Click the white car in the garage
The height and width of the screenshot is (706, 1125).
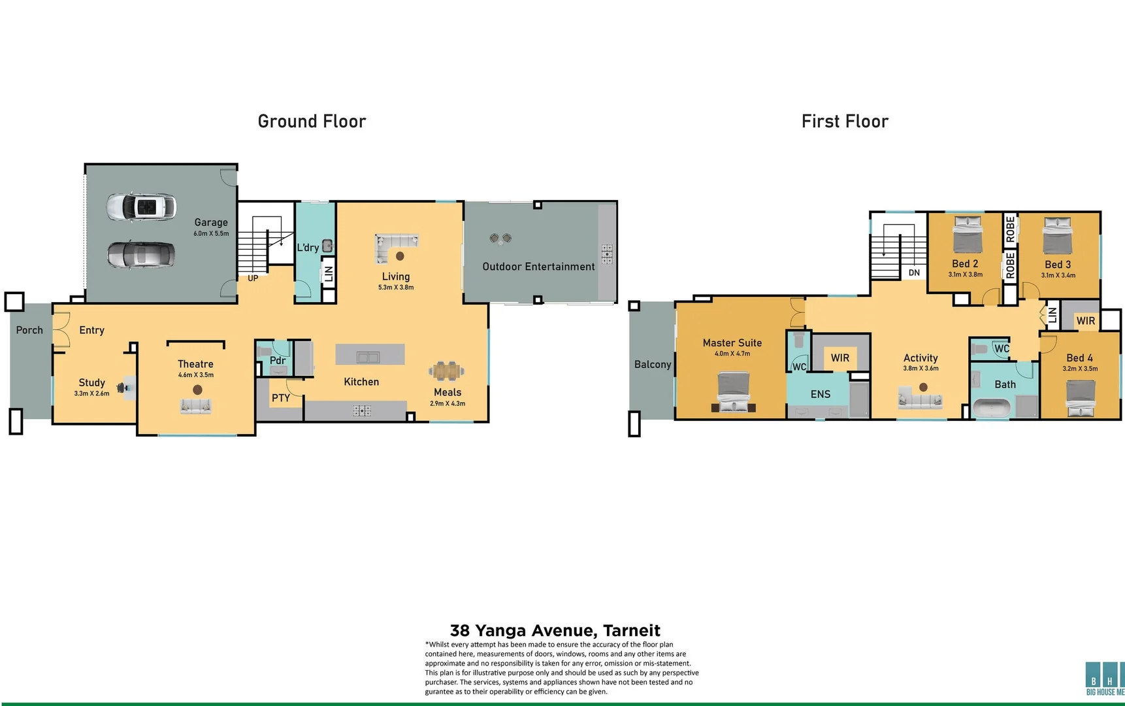click(x=141, y=207)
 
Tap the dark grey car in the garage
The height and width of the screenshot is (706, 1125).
click(x=141, y=255)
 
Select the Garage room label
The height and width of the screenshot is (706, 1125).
click(x=210, y=222)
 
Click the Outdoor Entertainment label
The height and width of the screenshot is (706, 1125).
click(x=538, y=267)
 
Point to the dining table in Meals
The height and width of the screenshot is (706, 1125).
click(x=447, y=371)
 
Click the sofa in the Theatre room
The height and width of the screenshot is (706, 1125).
click(x=196, y=407)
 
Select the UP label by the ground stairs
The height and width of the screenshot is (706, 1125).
click(x=253, y=278)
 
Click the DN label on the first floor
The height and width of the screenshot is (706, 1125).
click(x=914, y=273)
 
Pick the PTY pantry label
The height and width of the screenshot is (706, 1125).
click(x=281, y=397)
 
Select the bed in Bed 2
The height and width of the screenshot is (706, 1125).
click(x=967, y=235)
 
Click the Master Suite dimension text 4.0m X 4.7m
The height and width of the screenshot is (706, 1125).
click(x=732, y=354)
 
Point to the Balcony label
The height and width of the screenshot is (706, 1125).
click(x=653, y=364)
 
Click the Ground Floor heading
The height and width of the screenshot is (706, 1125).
click(x=312, y=122)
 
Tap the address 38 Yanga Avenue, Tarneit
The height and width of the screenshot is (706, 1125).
click(x=555, y=630)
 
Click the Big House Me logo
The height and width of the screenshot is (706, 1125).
click(x=1104, y=678)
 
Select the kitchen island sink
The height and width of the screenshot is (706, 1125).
click(x=368, y=357)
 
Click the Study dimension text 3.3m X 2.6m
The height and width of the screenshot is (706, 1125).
click(x=91, y=394)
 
